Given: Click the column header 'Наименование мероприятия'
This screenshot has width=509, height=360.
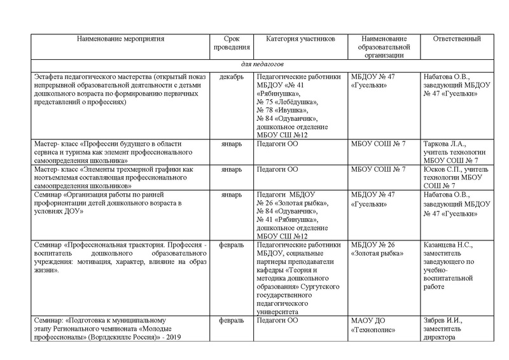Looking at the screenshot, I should [120, 39].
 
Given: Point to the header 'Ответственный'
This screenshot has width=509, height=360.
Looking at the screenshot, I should [456, 39].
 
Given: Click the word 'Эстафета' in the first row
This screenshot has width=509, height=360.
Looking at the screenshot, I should [53, 77].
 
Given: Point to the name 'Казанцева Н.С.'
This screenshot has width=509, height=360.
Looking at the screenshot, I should [449, 244].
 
